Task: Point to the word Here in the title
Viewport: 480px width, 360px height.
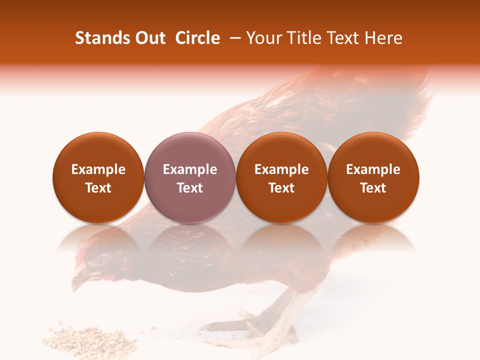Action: [383, 38]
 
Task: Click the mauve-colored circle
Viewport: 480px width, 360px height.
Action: [190, 177]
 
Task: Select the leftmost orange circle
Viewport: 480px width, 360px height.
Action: [98, 177]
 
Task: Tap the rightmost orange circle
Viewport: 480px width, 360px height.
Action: [373, 177]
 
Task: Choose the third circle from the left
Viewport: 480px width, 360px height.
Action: [281, 177]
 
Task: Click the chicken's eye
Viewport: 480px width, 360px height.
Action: [102, 259]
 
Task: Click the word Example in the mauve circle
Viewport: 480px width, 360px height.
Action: [190, 169]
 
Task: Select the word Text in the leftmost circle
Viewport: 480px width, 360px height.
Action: [98, 188]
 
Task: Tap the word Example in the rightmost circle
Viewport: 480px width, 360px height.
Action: [373, 169]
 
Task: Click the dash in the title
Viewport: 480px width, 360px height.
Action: [233, 38]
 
